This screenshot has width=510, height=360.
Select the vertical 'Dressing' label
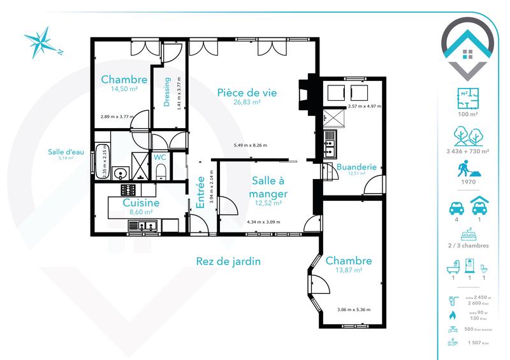click(x=167, y=92)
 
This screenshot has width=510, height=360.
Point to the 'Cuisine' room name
click(x=132, y=203)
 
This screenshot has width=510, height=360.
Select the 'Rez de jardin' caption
click(x=228, y=261)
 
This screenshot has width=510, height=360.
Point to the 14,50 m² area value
click(x=124, y=89)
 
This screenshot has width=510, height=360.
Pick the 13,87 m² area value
click(x=349, y=271)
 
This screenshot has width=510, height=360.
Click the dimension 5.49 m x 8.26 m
click(x=250, y=145)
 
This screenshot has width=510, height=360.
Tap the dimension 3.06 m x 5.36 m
click(x=354, y=310)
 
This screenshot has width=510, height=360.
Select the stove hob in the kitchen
click(x=129, y=190)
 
